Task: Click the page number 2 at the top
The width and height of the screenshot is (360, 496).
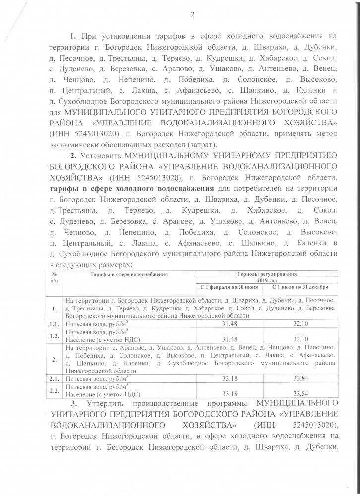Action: coord(191,15)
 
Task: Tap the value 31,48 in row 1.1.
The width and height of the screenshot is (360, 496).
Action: coord(229,323)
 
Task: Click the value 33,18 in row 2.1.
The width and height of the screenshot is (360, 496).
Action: coord(229,379)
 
